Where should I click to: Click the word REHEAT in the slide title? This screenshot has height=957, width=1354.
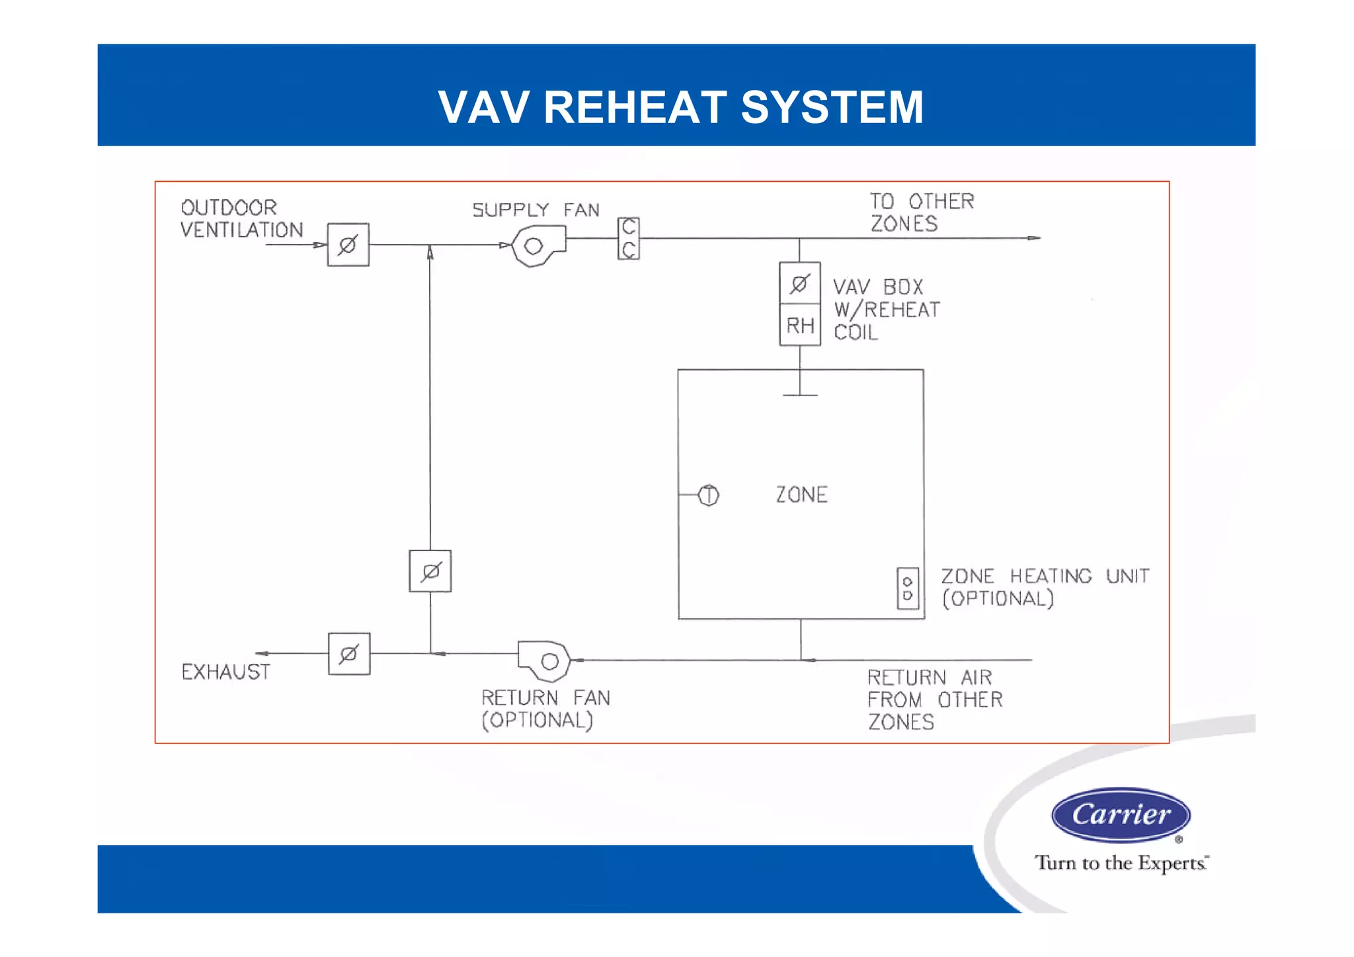click(x=634, y=107)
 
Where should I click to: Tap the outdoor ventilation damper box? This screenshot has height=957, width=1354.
click(x=348, y=245)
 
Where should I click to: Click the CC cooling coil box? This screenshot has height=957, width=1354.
click(x=628, y=238)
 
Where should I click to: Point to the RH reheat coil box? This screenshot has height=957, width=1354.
click(x=800, y=325)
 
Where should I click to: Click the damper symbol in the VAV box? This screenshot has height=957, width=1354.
click(x=800, y=284)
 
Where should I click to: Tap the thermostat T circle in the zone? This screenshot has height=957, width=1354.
click(x=709, y=495)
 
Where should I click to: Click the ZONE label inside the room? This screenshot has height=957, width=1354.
click(x=801, y=495)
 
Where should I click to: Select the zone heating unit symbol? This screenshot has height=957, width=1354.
click(x=908, y=588)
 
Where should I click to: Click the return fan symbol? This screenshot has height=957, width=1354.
click(x=545, y=660)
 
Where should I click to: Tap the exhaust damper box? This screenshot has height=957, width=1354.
click(x=349, y=654)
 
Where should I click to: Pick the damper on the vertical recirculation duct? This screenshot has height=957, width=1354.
click(x=430, y=571)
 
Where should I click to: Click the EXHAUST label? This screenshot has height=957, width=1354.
click(x=226, y=672)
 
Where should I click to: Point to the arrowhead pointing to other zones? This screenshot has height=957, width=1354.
click(x=1034, y=238)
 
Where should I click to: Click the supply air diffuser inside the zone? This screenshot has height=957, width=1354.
click(x=800, y=395)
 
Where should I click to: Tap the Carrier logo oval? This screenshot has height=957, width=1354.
click(x=1121, y=815)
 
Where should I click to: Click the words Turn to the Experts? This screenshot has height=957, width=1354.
click(x=1121, y=863)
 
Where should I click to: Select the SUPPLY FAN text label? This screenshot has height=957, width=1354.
click(x=536, y=210)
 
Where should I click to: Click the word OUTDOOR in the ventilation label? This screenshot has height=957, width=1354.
click(x=229, y=208)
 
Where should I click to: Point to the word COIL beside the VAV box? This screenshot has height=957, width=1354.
click(x=856, y=332)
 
